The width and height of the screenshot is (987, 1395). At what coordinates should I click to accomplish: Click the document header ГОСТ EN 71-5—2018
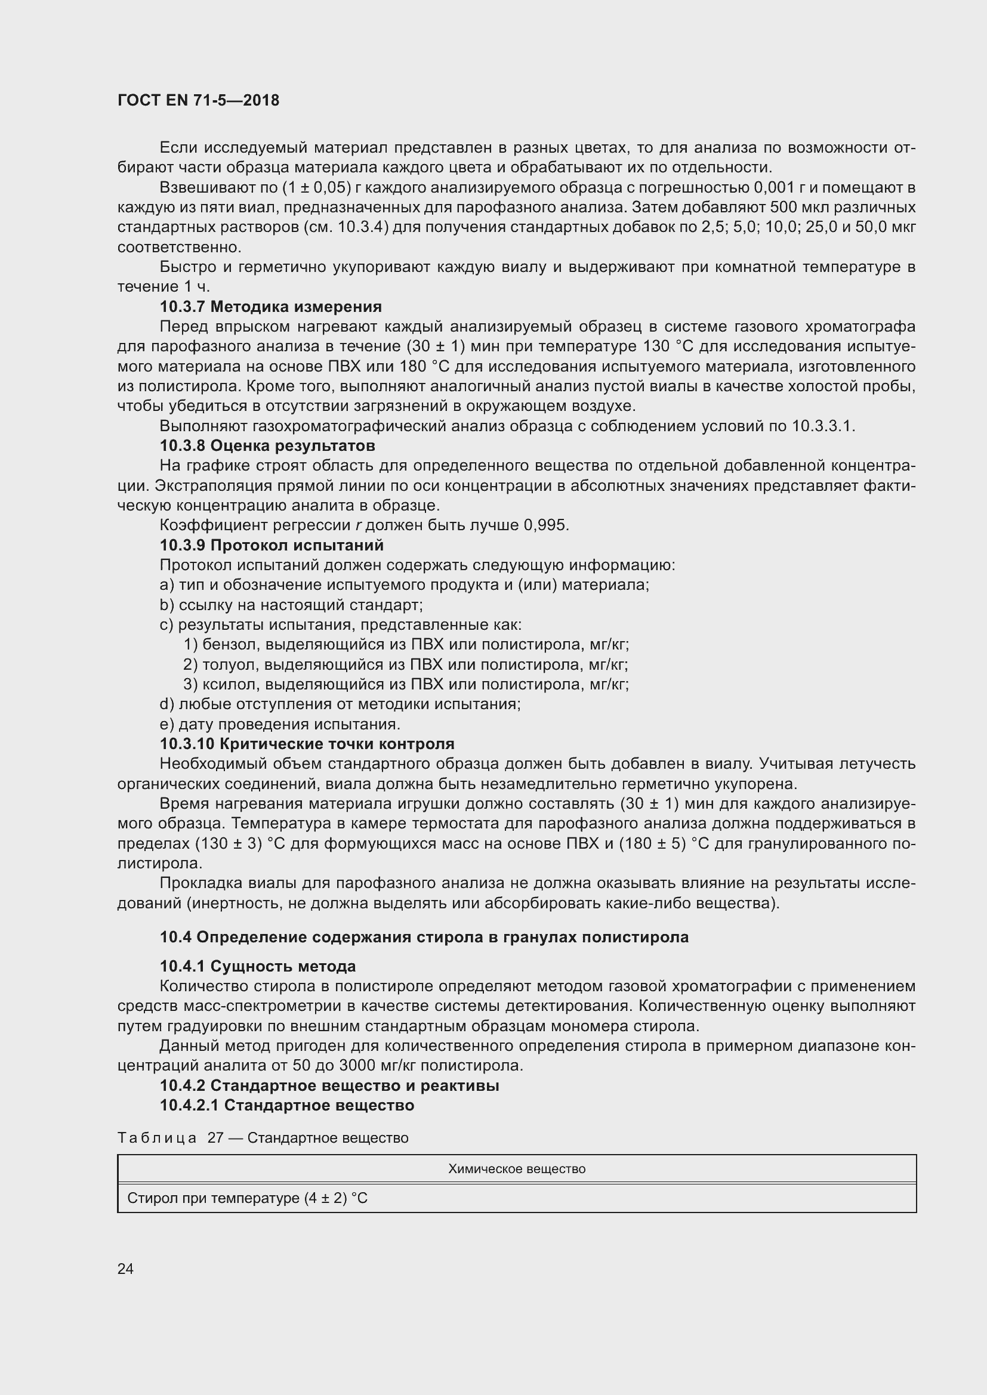(198, 101)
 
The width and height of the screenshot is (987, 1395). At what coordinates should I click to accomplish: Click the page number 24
(125, 1269)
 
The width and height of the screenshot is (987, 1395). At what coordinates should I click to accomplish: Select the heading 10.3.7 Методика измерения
(270, 307)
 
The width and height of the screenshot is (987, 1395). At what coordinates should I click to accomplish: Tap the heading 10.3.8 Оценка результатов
(267, 446)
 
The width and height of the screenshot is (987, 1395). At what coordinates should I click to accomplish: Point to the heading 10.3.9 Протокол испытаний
(272, 546)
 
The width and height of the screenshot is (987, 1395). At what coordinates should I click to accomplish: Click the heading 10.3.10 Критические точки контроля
(307, 744)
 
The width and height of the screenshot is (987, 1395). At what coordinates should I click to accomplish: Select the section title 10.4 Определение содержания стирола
(424, 937)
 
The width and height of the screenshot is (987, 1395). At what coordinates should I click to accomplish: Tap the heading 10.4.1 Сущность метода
(258, 967)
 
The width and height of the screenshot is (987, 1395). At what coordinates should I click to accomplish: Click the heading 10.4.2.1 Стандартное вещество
(287, 1105)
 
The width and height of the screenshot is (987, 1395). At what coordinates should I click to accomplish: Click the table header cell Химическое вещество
(517, 1169)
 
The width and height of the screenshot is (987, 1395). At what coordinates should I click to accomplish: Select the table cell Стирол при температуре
(248, 1198)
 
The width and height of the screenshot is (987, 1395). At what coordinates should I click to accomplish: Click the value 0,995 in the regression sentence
(546, 525)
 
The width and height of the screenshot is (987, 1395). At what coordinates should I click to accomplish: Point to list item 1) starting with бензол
(406, 645)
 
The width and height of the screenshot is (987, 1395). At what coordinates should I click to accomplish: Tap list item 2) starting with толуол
(405, 664)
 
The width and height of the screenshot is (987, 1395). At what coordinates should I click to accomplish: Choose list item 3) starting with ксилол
(406, 685)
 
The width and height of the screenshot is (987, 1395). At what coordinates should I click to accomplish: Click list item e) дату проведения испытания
(279, 724)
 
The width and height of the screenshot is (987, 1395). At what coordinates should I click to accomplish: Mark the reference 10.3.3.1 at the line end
(823, 426)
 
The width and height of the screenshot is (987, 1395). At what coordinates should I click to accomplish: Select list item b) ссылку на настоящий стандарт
(291, 605)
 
